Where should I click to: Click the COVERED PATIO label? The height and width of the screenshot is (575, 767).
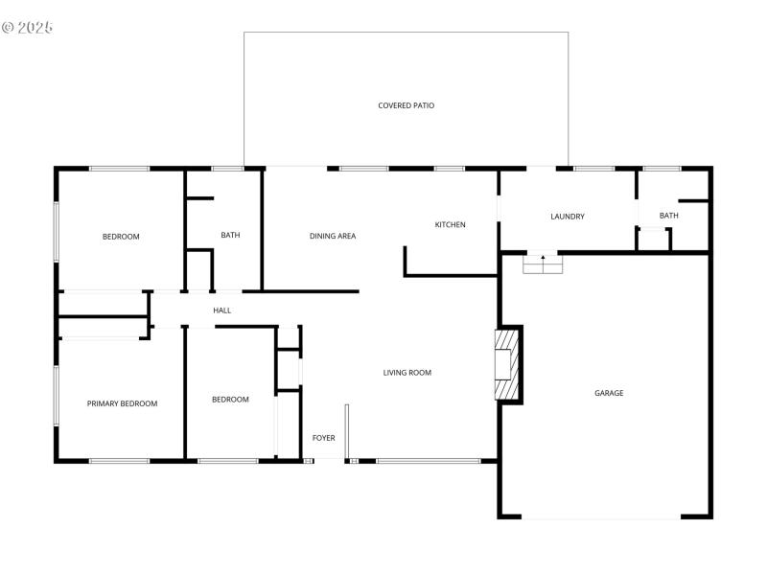point(406,105)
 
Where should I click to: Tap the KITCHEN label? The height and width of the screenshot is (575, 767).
point(450,225)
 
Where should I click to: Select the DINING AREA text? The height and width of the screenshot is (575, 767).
point(333,236)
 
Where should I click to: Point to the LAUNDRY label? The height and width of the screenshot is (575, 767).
point(568,217)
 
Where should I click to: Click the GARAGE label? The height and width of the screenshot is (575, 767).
point(609,393)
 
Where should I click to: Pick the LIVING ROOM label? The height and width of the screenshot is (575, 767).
point(407,373)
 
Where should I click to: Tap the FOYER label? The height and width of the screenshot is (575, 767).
point(324,438)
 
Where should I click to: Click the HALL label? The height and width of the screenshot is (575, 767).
point(221,310)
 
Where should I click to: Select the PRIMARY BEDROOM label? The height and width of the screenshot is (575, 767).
point(122,403)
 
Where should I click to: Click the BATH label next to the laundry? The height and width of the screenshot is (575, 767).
point(668,216)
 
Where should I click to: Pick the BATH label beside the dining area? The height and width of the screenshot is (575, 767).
point(230,235)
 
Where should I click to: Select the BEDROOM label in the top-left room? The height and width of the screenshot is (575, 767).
point(121,237)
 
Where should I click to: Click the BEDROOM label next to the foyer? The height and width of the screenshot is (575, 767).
point(230,400)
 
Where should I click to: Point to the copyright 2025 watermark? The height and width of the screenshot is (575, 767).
point(27,27)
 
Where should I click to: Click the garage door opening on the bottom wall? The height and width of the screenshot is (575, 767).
point(601,517)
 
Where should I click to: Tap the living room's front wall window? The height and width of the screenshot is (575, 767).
point(428,461)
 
